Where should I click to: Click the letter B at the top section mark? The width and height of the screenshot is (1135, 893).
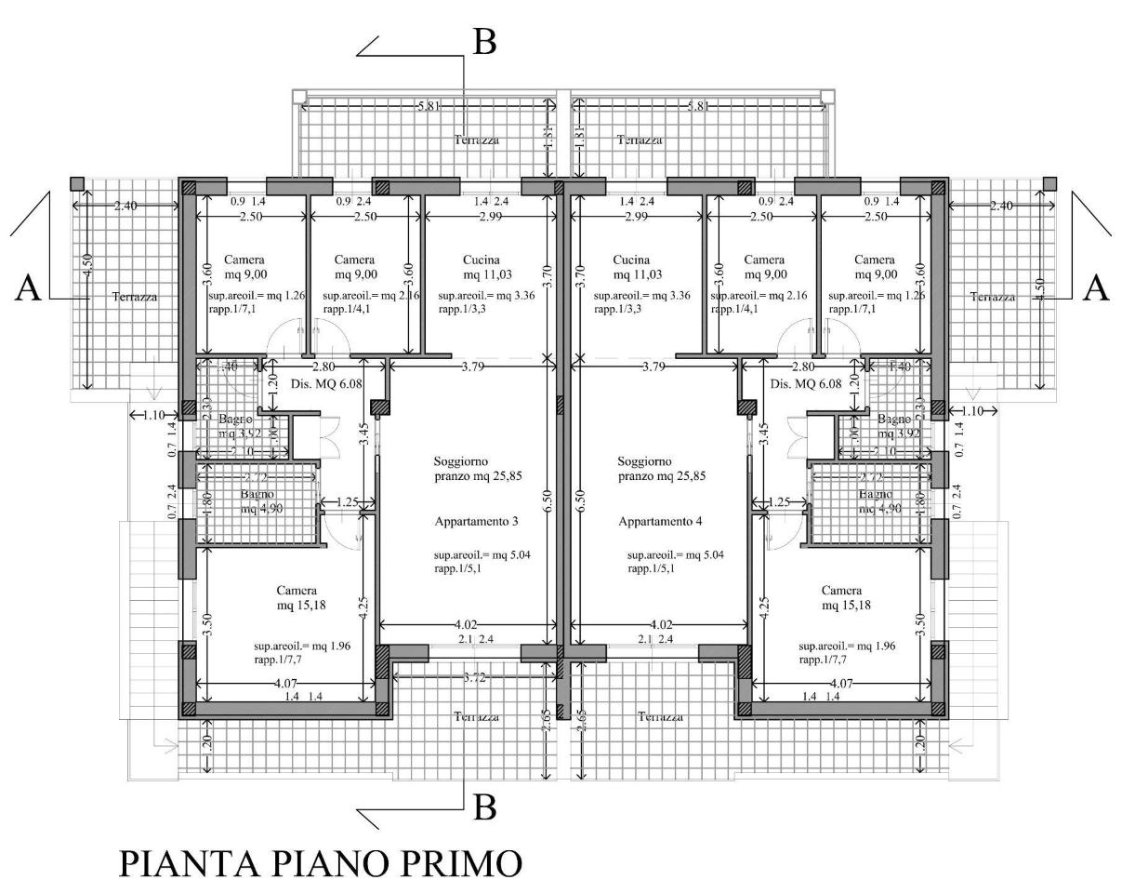coord(484,43)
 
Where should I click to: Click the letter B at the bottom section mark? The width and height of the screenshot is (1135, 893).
coord(484,807)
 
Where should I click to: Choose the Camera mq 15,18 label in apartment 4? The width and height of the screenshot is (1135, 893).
coord(842,597)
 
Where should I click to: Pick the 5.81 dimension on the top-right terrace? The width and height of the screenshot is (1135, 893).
coord(697,107)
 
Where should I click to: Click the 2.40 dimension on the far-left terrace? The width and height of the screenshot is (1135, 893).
coord(125,206)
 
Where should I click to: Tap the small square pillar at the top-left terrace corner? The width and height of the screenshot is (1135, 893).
coord(77,182)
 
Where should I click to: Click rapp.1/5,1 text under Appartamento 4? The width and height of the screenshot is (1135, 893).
coord(651,569)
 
